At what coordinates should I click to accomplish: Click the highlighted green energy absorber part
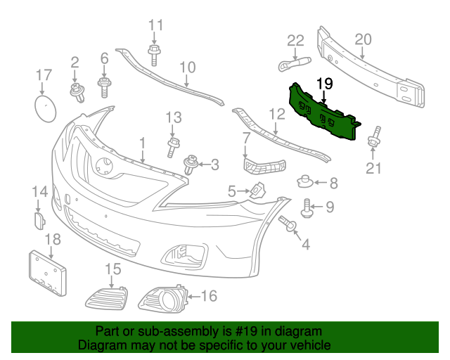(x=323, y=115)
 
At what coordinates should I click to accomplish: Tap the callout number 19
(x=323, y=84)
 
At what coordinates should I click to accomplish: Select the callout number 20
(x=362, y=39)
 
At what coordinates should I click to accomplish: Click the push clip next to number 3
(x=190, y=166)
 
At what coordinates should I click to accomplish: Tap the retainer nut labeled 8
(x=304, y=182)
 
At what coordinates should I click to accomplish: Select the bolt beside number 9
(x=307, y=207)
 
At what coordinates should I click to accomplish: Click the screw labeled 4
(x=289, y=225)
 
